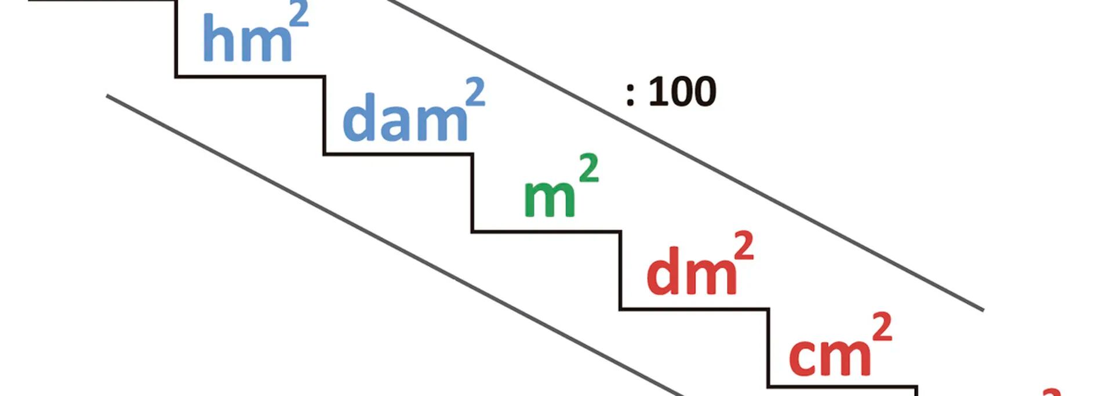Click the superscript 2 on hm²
pos(299,14)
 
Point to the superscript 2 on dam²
pos(475,93)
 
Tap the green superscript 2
pos(588,169)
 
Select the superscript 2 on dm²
pos(743,246)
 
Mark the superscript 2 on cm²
pos(881,328)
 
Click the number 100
pos(682,92)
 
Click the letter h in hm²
pos(217,38)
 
